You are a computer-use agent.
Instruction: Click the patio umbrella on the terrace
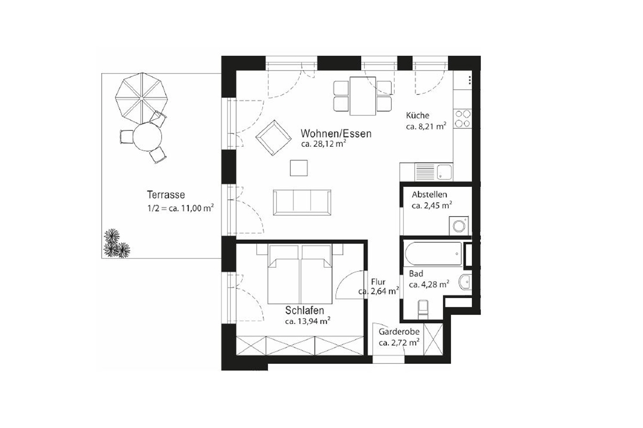(x=141, y=99)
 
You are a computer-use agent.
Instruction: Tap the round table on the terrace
(x=147, y=137)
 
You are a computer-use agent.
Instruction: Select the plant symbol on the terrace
(x=116, y=244)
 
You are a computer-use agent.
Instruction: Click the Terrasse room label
(x=166, y=195)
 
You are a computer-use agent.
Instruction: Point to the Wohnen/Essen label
(x=336, y=134)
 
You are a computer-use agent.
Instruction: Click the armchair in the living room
(x=273, y=138)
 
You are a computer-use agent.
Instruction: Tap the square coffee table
(x=299, y=168)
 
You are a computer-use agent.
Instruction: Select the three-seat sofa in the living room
(x=302, y=202)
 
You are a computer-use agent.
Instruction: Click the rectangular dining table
(x=362, y=96)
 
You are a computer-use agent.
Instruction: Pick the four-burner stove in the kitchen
(x=463, y=119)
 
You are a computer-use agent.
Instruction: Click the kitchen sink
(x=444, y=172)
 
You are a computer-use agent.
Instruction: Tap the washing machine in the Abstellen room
(x=459, y=226)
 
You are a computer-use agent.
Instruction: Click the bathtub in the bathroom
(x=433, y=254)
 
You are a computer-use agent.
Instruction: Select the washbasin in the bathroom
(x=466, y=282)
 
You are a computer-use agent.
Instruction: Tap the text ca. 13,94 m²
(x=307, y=321)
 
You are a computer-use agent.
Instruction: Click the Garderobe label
(x=399, y=332)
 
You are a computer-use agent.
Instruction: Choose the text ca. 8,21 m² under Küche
(x=426, y=127)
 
